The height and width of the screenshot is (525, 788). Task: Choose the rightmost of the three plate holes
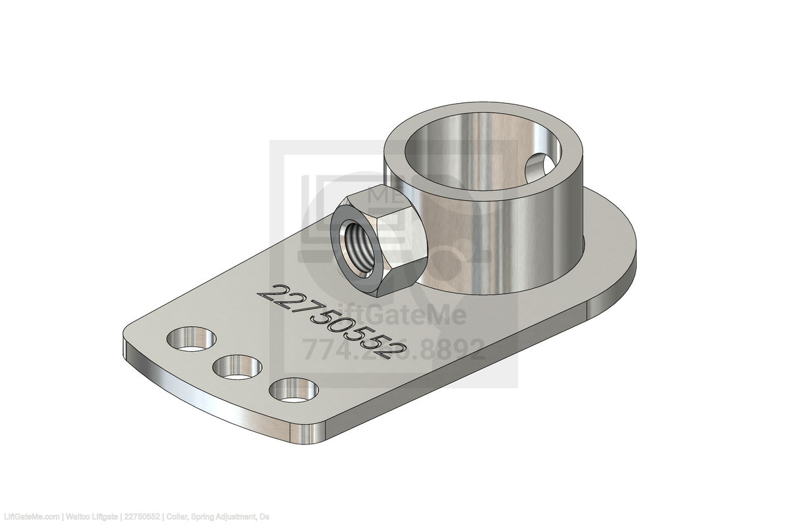click(x=293, y=390)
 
